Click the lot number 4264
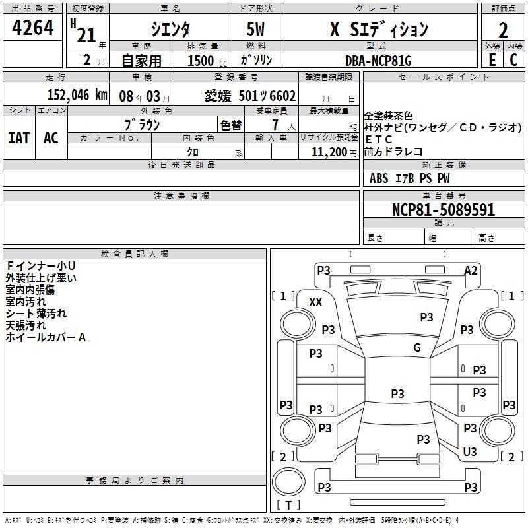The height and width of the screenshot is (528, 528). (x=33, y=30)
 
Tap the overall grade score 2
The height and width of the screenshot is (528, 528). (x=503, y=30)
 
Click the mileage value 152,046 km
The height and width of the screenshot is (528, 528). (x=77, y=95)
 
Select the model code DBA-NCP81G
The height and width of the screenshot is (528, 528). (x=378, y=61)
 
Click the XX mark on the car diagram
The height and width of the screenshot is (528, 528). (x=316, y=302)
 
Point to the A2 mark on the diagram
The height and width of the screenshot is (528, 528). (x=471, y=270)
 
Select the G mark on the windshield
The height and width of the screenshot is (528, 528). (x=417, y=348)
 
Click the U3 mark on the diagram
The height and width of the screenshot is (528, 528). (x=470, y=452)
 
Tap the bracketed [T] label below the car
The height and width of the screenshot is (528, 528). (x=288, y=505)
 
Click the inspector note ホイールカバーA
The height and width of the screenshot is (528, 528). (x=46, y=337)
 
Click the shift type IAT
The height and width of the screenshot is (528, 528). (x=18, y=138)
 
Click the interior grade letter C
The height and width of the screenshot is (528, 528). (x=513, y=60)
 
